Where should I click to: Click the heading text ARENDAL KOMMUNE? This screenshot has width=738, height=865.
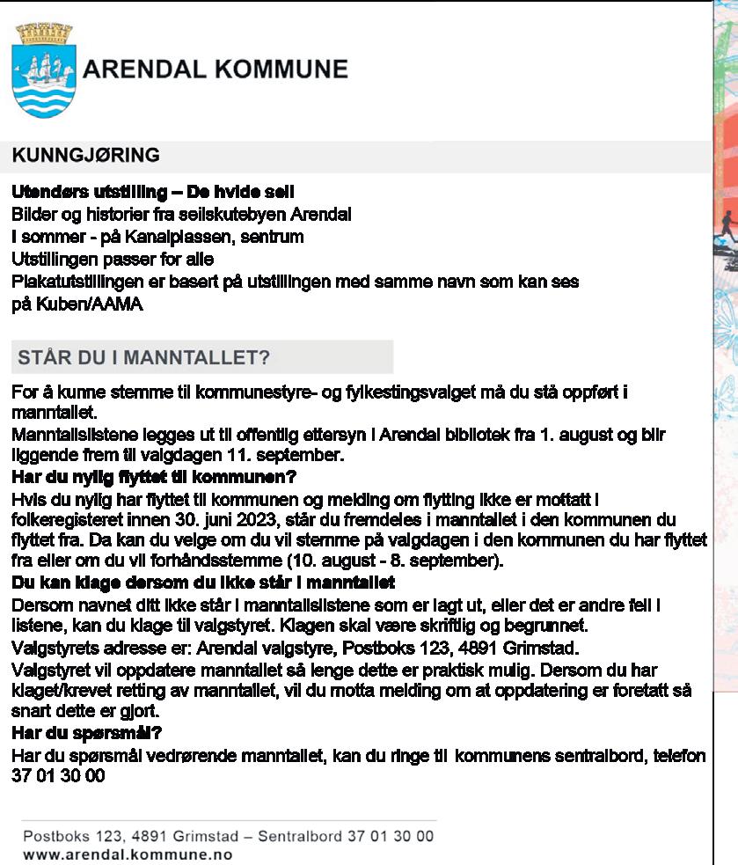216,70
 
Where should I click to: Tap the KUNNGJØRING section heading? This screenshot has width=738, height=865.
85,156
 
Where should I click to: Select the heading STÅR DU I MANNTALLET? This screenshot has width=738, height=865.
143,357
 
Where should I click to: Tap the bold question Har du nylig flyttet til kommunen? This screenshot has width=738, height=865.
154,477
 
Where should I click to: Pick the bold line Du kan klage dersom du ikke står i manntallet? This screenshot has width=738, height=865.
202,583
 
